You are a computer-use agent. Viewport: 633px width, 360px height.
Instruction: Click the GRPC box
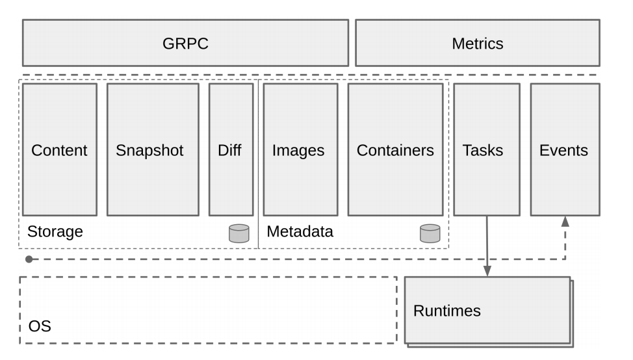click(185, 43)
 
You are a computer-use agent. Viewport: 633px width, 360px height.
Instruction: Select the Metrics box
click(478, 43)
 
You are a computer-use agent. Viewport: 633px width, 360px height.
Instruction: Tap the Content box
click(60, 149)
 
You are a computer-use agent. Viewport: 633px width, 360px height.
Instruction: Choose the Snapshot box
click(153, 149)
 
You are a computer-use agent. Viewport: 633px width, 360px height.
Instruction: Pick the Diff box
click(231, 149)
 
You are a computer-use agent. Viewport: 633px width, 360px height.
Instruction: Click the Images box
click(301, 149)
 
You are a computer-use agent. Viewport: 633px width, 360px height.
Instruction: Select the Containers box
click(396, 149)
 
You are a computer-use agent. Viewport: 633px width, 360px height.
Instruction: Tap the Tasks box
click(487, 149)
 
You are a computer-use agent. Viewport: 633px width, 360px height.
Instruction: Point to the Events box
click(565, 149)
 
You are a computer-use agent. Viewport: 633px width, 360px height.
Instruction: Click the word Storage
click(55, 231)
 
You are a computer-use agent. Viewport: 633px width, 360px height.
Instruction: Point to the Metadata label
click(300, 231)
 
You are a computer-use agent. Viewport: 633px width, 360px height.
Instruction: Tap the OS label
click(40, 326)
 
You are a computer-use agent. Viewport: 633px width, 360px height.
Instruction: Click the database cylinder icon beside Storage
click(239, 233)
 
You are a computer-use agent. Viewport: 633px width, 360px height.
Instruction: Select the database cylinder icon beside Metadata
click(430, 233)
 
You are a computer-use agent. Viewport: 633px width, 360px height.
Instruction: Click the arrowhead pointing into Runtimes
click(487, 271)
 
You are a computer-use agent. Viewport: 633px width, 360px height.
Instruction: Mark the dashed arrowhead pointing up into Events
click(565, 221)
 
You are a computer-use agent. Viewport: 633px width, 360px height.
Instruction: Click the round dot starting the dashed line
click(29, 259)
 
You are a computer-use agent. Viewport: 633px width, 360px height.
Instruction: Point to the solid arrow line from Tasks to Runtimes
click(487, 246)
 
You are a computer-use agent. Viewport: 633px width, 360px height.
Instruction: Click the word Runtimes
click(447, 311)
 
